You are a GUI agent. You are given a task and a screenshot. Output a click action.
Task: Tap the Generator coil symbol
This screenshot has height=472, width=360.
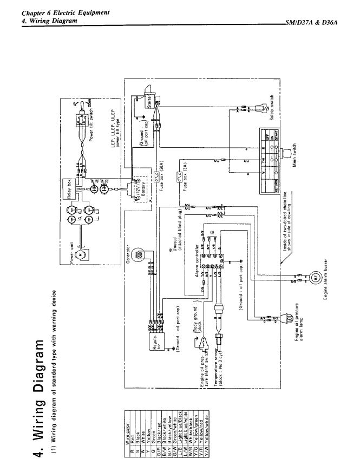click(x=140, y=254)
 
